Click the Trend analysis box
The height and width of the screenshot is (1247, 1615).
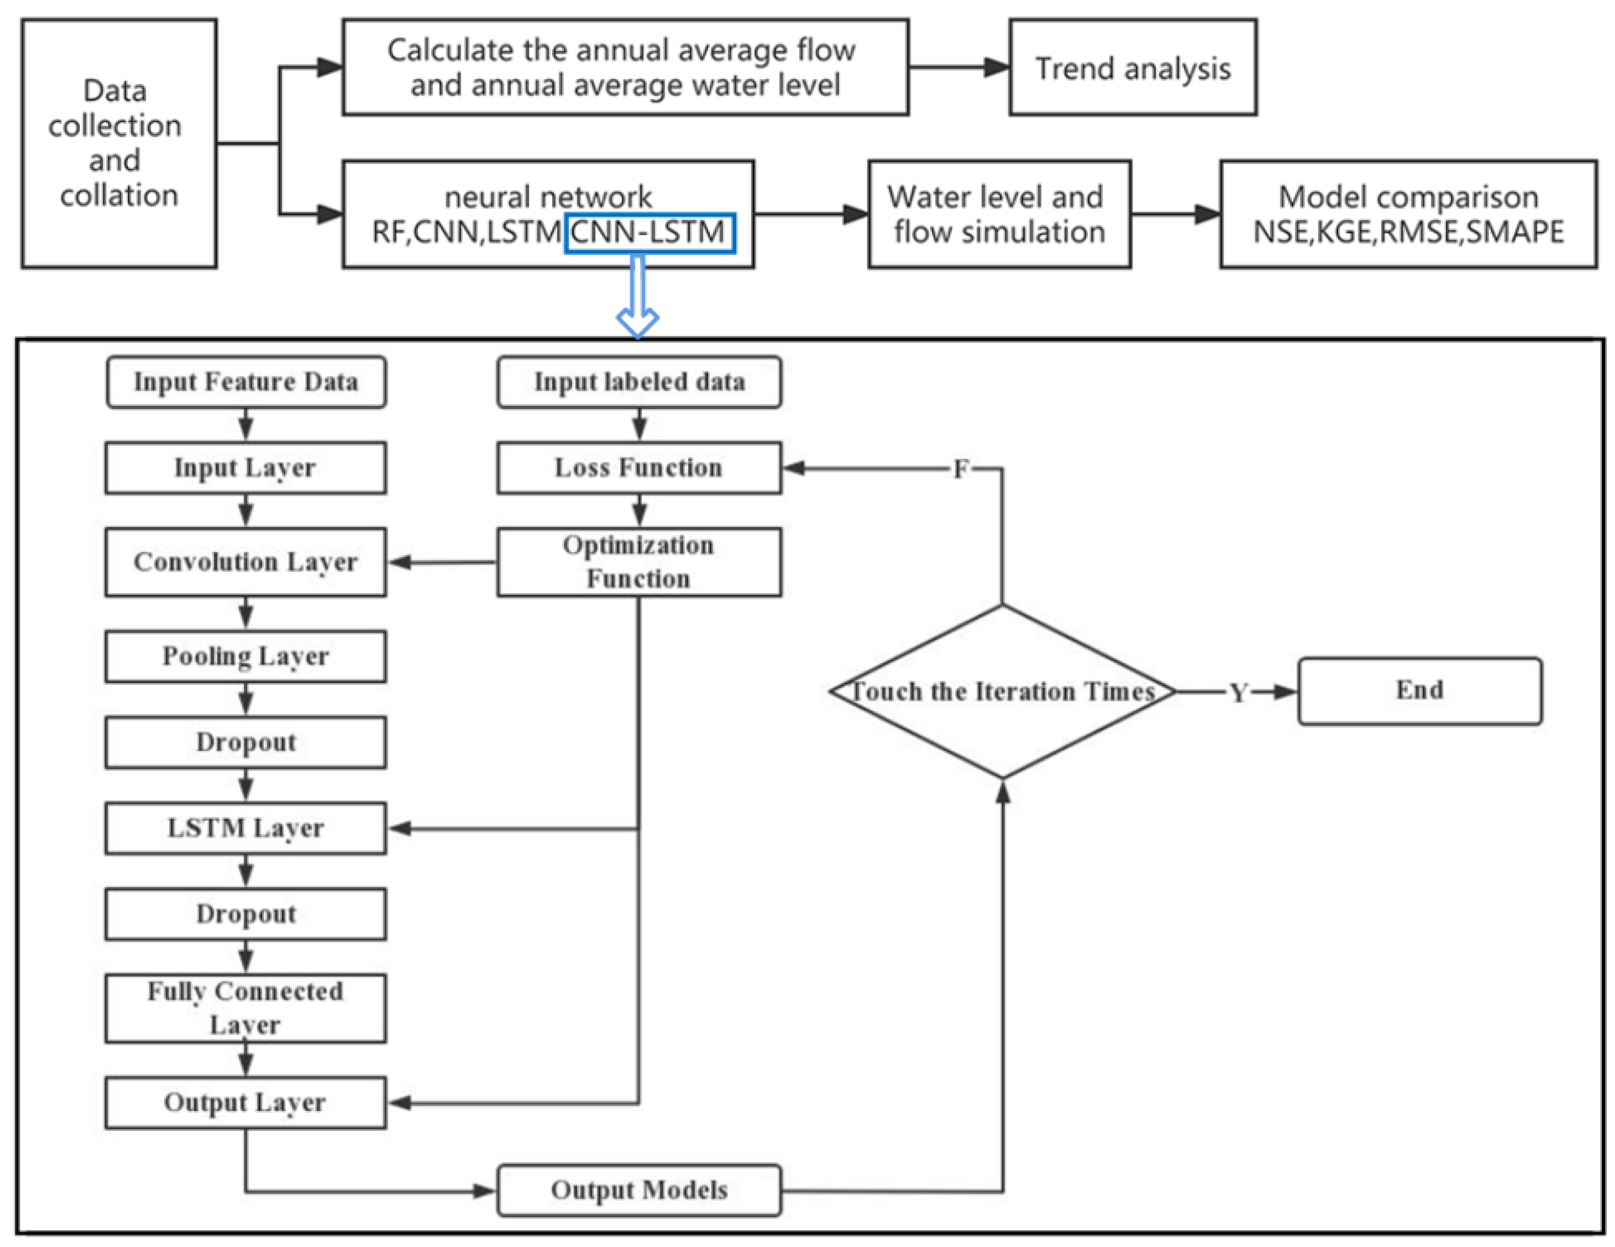tap(1132, 67)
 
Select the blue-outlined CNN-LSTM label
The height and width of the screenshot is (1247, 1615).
tap(649, 233)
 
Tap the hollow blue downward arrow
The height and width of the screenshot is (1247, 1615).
tap(638, 296)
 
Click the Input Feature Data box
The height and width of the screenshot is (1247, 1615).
tap(246, 382)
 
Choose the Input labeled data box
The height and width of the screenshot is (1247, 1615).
tap(639, 382)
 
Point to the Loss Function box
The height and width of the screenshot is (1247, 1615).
tap(639, 468)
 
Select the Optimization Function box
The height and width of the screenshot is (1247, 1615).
tap(639, 562)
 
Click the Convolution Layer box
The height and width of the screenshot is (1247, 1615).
tap(246, 562)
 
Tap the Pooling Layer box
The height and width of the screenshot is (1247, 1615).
tap(246, 656)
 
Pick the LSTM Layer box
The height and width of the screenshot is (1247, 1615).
tap(246, 828)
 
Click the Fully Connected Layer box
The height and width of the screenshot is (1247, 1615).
tap(246, 1008)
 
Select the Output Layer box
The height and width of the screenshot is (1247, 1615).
tap(246, 1103)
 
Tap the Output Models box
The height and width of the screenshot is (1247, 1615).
tap(639, 1191)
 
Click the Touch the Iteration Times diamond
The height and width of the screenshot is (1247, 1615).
tap(1003, 692)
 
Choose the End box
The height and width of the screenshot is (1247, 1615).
tap(1420, 691)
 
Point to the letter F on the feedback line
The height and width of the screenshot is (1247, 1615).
tap(960, 469)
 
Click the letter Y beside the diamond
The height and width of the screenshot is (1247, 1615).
tap(1238, 693)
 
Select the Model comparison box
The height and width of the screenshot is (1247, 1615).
tap(1409, 214)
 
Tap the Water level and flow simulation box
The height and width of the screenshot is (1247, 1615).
tap(999, 214)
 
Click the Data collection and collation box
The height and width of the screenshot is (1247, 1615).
tap(119, 144)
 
